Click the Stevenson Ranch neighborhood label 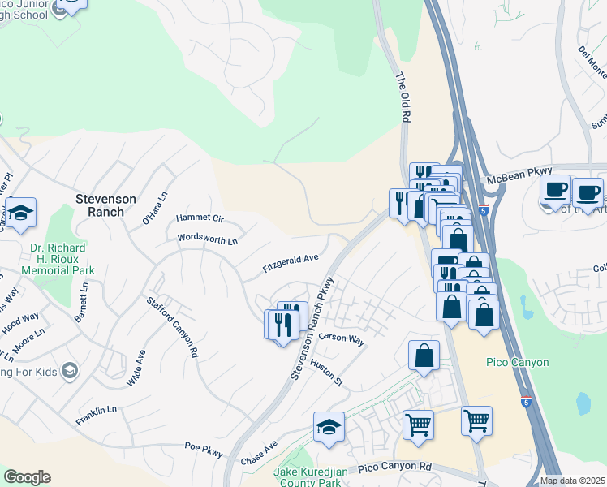(100, 205)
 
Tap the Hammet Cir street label (200, 219)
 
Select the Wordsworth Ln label (209, 240)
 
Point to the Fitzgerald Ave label (290, 263)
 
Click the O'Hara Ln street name (154, 209)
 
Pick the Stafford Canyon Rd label (172, 328)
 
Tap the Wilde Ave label (135, 368)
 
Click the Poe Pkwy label (203, 446)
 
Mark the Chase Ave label (260, 454)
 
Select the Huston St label (327, 373)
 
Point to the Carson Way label (341, 338)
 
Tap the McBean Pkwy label (519, 175)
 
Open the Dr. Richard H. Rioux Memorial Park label (58, 258)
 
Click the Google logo (27, 477)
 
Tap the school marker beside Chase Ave (329, 427)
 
